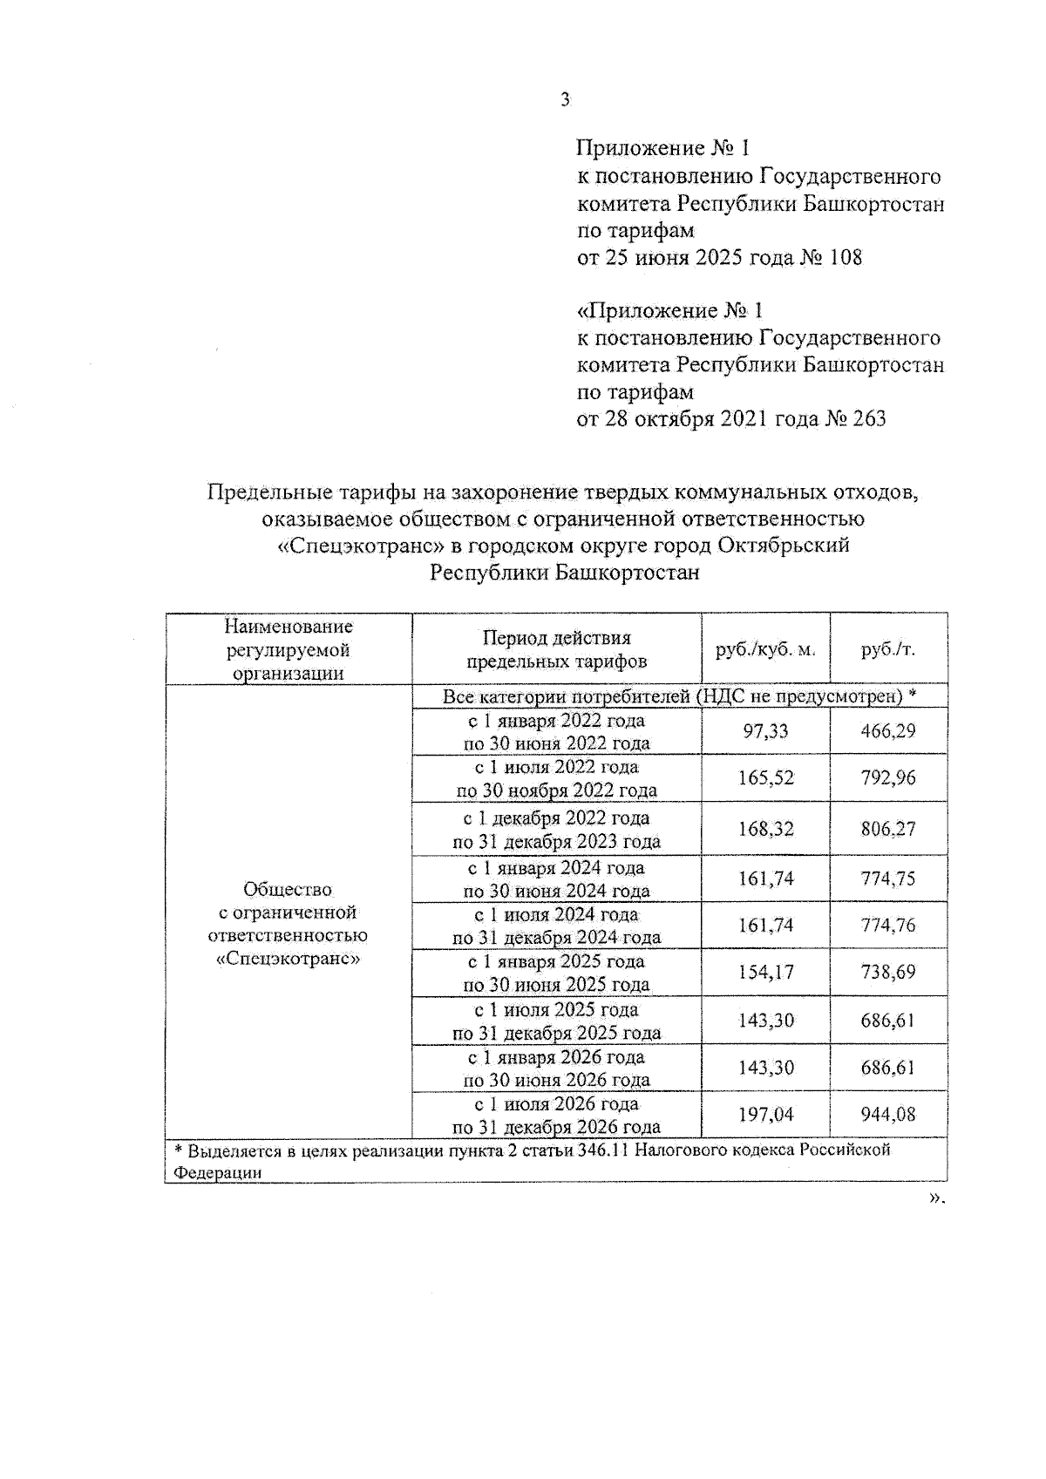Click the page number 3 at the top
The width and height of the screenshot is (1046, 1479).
tap(565, 100)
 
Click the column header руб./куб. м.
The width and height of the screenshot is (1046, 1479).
tap(764, 649)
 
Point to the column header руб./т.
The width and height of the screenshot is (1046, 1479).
tap(887, 649)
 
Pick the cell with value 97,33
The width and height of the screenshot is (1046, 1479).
tap(764, 731)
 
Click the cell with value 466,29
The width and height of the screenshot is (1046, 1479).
tap(887, 731)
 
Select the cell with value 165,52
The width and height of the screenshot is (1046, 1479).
tap(764, 778)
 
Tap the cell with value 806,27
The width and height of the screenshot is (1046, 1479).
tap(887, 829)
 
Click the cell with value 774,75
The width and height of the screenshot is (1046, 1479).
tap(887, 879)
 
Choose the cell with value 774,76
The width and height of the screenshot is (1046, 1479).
tap(887, 926)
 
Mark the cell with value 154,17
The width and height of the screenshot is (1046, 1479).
tap(764, 973)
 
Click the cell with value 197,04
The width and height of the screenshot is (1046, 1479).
tap(764, 1115)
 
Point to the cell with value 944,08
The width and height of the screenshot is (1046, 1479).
tap(887, 1115)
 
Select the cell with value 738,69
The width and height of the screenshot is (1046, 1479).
tap(887, 973)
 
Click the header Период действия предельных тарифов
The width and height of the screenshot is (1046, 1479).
tap(556, 649)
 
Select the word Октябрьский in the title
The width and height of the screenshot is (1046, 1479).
tap(785, 546)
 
